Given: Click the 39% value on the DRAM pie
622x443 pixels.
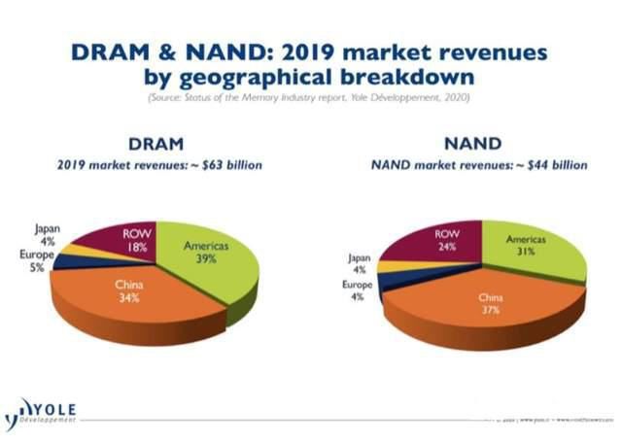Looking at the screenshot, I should pos(206,260).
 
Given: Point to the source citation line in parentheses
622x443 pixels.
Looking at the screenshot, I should pos(309,98).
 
